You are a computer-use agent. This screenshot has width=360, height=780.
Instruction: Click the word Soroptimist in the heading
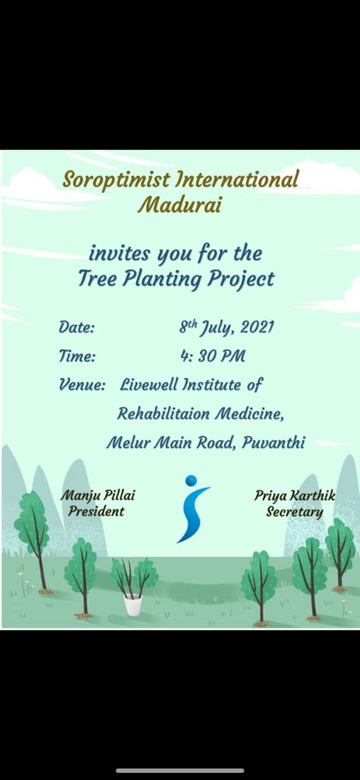pyautogui.click(x=116, y=180)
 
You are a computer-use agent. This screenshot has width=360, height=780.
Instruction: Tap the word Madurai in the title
pyautogui.click(x=180, y=205)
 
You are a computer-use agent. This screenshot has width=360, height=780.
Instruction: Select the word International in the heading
pyautogui.click(x=237, y=179)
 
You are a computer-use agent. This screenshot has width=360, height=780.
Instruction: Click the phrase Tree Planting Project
pyautogui.click(x=176, y=279)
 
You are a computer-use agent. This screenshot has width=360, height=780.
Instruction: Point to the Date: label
pyautogui.click(x=76, y=328)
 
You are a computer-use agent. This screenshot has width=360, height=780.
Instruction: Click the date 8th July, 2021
pyautogui.click(x=226, y=327)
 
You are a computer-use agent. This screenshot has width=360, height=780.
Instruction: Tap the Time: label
pyautogui.click(x=76, y=356)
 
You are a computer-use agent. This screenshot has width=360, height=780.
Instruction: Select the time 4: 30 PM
pyautogui.click(x=213, y=356)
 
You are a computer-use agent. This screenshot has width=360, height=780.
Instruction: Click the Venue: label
pyautogui.click(x=82, y=384)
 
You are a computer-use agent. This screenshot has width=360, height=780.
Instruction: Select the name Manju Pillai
pyautogui.click(x=98, y=496)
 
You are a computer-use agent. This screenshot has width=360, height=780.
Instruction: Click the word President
pyautogui.click(x=96, y=512)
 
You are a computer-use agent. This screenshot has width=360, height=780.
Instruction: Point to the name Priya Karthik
pyautogui.click(x=295, y=496)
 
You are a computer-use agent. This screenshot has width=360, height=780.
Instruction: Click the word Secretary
pyautogui.click(x=295, y=512)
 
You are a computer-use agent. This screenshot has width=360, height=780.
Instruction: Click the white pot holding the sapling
pyautogui.click(x=133, y=605)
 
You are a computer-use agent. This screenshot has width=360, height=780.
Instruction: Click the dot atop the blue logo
pyautogui.click(x=191, y=481)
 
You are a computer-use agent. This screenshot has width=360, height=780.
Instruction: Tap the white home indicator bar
pyautogui.click(x=180, y=771)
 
